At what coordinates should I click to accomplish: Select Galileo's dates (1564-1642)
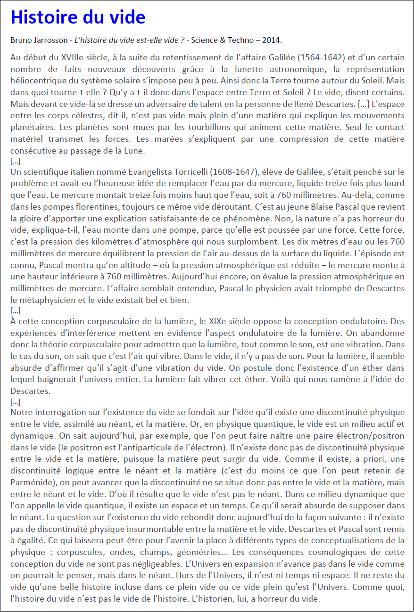coord(321,58)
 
